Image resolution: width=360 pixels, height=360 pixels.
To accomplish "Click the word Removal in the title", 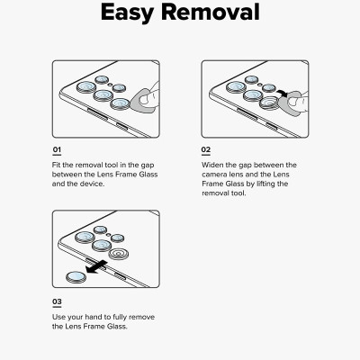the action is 211,12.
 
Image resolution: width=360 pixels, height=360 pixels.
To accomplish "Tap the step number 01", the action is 57,149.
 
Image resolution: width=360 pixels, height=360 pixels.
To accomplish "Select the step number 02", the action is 206,149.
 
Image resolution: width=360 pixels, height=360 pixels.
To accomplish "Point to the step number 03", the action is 57,301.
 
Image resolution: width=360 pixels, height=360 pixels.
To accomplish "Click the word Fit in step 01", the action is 56,165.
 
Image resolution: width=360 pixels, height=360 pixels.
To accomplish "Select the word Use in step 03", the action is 59,317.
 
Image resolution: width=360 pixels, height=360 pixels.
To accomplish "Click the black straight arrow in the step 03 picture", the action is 96,267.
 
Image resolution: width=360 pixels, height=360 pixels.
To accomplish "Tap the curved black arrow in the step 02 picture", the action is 283,94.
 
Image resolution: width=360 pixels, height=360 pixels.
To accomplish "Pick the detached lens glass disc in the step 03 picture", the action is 76,277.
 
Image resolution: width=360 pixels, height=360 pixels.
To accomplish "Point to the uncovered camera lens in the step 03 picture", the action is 118,255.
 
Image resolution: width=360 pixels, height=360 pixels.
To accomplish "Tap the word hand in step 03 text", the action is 94,317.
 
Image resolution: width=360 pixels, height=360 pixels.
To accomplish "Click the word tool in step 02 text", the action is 238,193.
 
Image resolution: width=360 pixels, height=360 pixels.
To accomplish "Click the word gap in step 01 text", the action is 148,166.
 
